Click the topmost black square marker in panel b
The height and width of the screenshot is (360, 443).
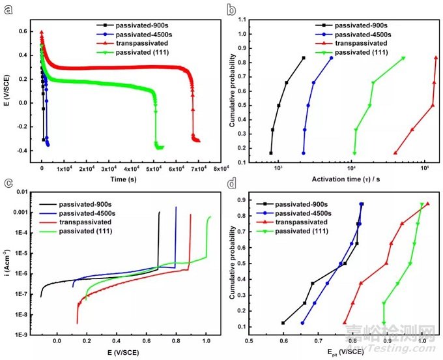(303, 58)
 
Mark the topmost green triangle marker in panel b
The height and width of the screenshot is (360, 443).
(403, 58)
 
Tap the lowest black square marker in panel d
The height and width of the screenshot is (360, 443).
(283, 323)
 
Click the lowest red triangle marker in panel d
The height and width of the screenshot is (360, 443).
(345, 323)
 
